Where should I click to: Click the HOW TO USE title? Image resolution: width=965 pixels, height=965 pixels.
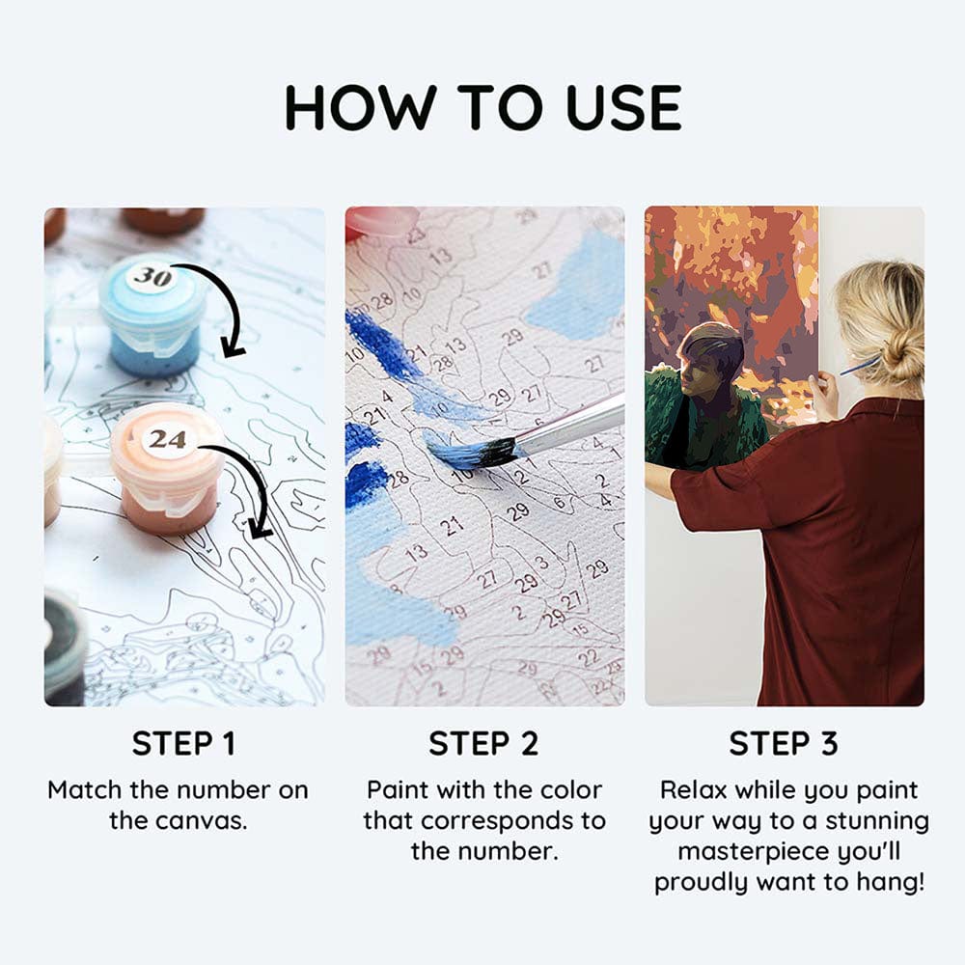pyautogui.click(x=482, y=107)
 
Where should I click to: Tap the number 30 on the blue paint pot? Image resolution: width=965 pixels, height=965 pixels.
pyautogui.click(x=152, y=277)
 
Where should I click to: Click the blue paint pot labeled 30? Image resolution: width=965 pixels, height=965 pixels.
pyautogui.click(x=152, y=318)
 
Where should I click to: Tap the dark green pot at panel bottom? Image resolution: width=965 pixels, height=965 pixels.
pyautogui.click(x=63, y=647)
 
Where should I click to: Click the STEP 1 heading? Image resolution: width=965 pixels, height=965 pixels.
pyautogui.click(x=183, y=744)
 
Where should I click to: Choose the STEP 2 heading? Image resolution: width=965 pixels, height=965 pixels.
pyautogui.click(x=482, y=744)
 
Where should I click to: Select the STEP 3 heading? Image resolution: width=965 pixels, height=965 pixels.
pyautogui.click(x=784, y=744)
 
